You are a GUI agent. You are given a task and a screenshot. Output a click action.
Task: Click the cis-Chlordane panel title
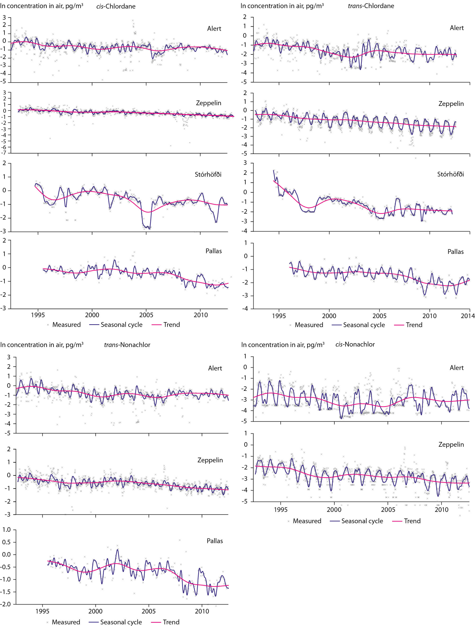116,6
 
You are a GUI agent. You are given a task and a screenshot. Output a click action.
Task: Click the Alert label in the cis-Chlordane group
214,29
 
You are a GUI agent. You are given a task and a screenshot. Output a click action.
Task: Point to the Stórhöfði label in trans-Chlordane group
450,174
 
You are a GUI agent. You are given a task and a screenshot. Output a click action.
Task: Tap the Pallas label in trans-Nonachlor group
215,541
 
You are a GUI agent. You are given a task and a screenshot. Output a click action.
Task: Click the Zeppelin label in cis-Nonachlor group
451,444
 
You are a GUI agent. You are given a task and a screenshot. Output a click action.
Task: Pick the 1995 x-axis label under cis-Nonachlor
280,510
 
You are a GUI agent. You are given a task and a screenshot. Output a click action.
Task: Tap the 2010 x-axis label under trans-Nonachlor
202,611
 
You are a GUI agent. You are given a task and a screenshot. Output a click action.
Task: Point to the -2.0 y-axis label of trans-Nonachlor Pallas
5,604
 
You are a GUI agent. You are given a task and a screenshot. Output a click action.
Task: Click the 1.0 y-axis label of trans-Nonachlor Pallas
6,530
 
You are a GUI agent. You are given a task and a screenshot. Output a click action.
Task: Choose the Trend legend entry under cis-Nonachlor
407,521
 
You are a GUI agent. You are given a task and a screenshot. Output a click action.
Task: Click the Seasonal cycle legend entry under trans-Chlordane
358,325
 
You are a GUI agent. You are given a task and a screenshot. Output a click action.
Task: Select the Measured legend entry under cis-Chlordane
64,324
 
